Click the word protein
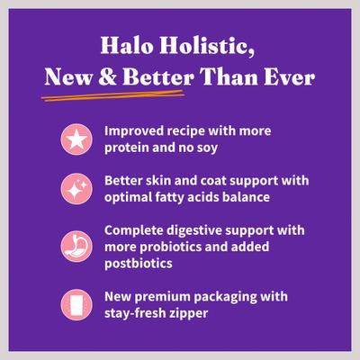coord(128,148)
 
